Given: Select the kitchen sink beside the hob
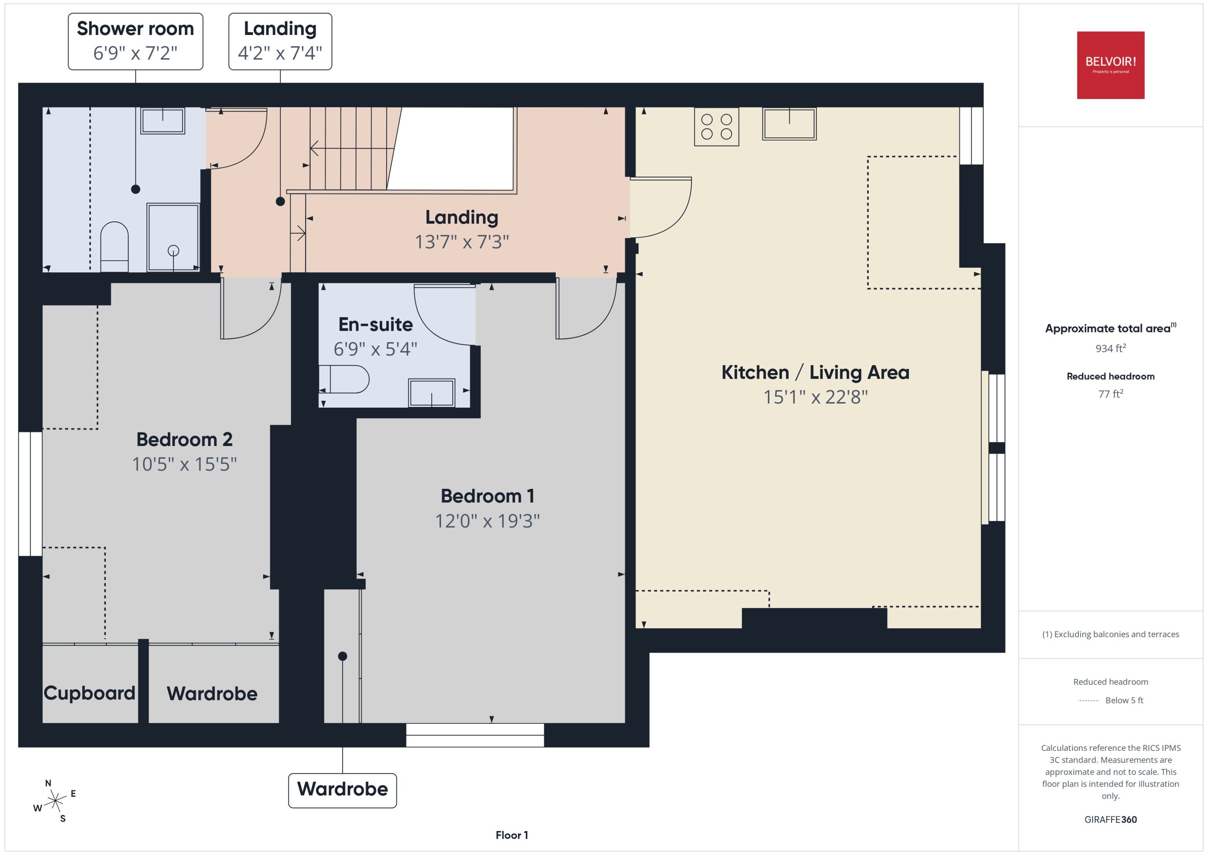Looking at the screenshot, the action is (x=789, y=124).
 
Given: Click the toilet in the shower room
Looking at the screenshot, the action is (x=114, y=247).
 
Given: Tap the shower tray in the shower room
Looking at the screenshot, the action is (x=173, y=237).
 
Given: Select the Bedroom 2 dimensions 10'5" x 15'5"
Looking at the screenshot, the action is (x=184, y=464).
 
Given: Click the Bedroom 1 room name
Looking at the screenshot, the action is (x=487, y=496).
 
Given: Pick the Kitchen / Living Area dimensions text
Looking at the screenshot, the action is (x=815, y=397).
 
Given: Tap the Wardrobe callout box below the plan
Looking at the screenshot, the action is (x=343, y=790).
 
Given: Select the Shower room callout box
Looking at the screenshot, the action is (x=135, y=41).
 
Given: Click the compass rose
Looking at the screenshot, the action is (x=55, y=801).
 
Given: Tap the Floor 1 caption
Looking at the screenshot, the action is (x=512, y=835).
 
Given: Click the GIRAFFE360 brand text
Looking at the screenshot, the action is (x=1111, y=819).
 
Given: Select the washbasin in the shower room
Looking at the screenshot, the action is (x=163, y=120).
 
